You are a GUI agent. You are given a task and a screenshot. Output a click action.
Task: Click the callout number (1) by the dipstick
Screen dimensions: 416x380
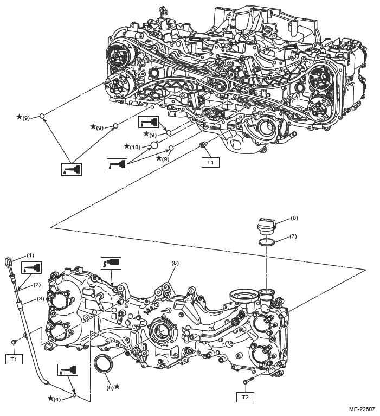point(31,255)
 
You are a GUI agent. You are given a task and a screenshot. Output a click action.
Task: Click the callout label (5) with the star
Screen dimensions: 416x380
point(110,387)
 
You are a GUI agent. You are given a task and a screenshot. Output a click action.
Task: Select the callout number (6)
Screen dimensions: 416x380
point(294,217)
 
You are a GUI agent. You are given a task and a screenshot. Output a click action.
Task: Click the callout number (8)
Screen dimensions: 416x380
point(175,263)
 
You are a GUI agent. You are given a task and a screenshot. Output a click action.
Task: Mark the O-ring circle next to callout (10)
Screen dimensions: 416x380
point(154,145)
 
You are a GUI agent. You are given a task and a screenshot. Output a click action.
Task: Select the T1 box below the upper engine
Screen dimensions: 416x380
point(210,162)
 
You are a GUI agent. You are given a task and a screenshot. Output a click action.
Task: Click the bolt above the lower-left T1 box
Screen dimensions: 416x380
point(13,343)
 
